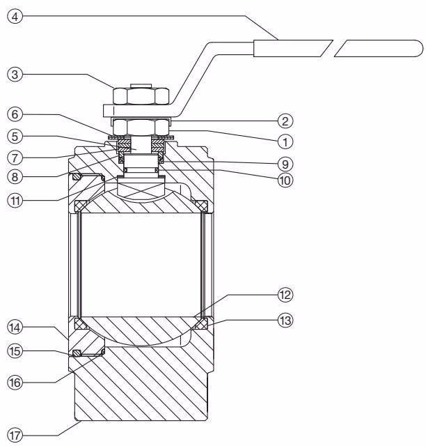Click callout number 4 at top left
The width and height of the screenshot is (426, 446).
15,17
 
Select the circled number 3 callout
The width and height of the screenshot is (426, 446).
15,75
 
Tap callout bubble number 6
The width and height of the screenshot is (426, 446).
15,114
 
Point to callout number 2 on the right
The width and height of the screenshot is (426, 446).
285,121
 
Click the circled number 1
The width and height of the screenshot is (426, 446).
285,141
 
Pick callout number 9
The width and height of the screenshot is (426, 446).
285,164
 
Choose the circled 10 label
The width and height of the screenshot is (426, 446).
285,180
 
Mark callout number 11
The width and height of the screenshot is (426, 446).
15,201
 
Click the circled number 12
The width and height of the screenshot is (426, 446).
285,295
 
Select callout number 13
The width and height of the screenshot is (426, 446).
285,321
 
